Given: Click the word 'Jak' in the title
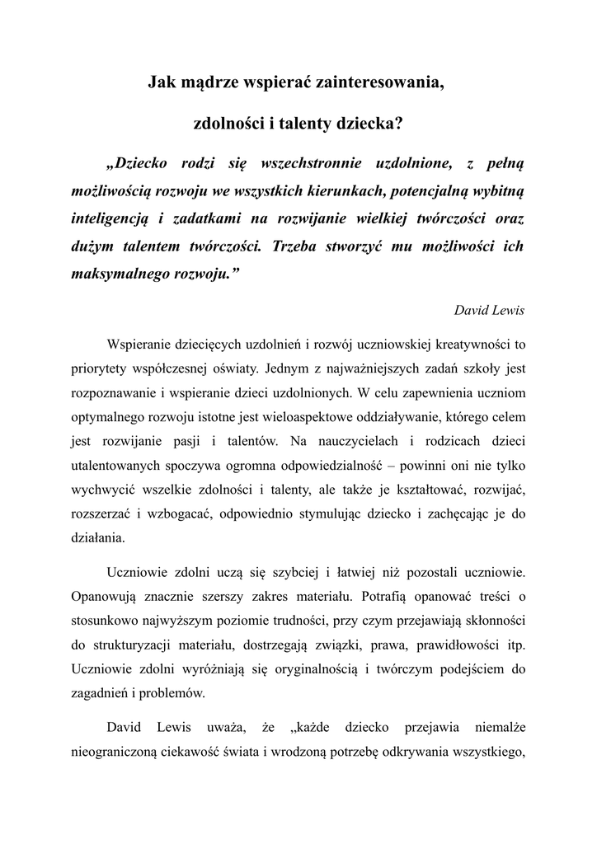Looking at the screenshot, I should click(161, 82).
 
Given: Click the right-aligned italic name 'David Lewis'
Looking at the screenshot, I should click(489, 310).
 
